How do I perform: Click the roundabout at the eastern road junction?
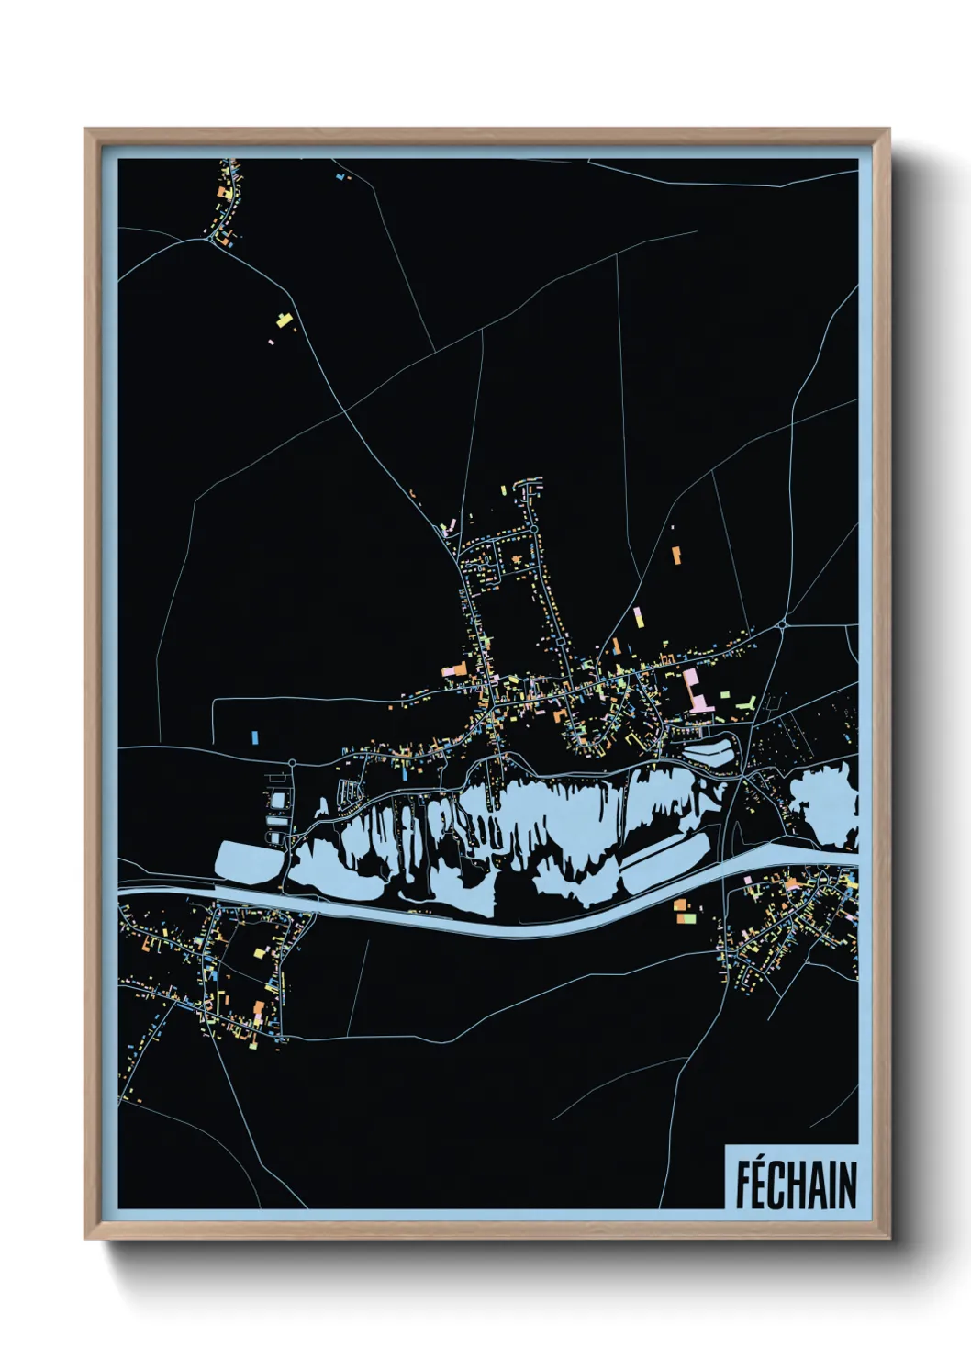(x=782, y=625)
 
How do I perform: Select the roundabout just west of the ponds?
(x=292, y=762)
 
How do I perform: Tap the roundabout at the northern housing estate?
(x=533, y=530)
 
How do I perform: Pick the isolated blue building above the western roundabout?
(x=254, y=736)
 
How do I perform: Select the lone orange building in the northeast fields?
(x=676, y=555)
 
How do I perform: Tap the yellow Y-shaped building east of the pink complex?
(x=747, y=702)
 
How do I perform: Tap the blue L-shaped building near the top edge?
(x=341, y=174)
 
